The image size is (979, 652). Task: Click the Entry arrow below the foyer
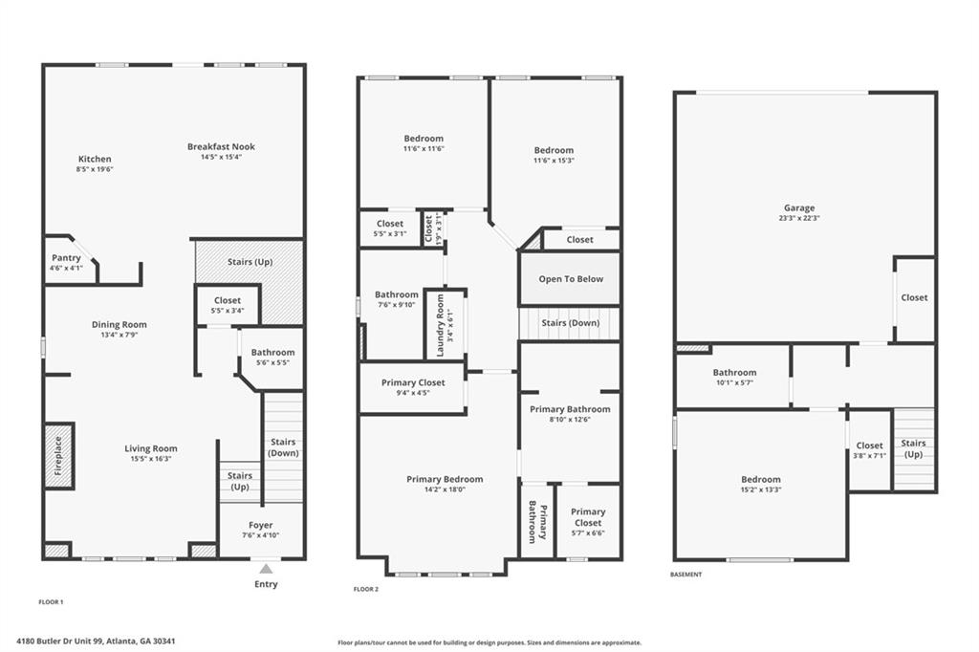265,569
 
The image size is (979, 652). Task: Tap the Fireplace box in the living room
58,456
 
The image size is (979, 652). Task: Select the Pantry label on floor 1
66,258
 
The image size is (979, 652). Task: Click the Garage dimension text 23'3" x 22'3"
799,218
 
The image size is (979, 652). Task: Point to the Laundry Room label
441,325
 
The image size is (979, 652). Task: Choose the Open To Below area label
569,279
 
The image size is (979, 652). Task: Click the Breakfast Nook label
221,146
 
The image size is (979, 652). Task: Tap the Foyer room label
260,525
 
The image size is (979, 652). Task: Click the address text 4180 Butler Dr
96,641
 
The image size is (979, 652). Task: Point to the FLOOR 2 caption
366,590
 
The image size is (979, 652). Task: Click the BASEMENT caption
686,575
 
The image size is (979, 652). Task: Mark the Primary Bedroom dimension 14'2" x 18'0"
445,490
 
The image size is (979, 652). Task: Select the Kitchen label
94,159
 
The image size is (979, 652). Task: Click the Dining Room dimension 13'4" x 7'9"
120,335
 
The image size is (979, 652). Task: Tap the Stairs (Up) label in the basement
913,447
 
